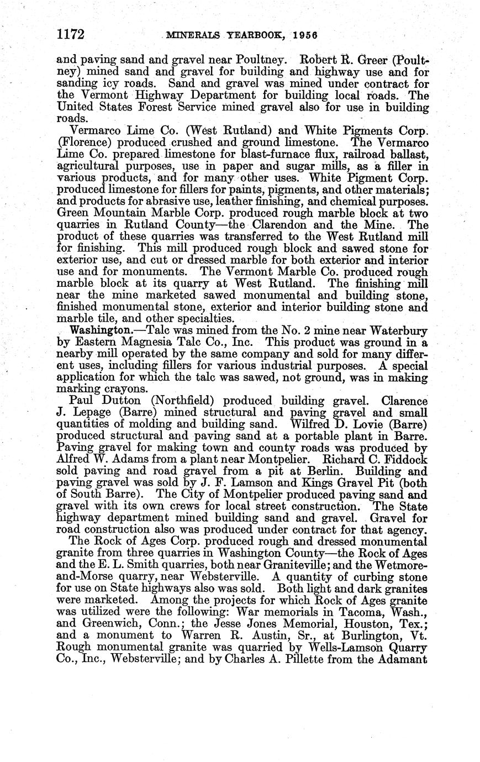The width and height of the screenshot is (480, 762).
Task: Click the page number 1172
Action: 70,35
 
